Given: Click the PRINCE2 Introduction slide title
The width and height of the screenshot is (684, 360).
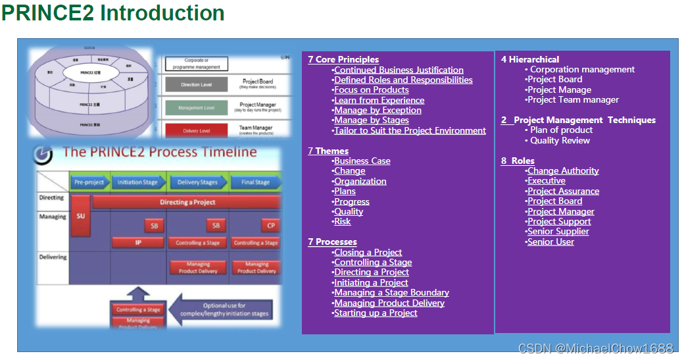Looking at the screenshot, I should (x=113, y=13).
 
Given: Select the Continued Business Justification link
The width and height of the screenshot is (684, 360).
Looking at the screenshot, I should (x=399, y=70).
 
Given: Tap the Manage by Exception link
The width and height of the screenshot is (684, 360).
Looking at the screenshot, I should (x=378, y=110).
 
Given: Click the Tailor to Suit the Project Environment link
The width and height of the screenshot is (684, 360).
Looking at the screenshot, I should (x=410, y=130).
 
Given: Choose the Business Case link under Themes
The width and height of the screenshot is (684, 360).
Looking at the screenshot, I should (x=362, y=161).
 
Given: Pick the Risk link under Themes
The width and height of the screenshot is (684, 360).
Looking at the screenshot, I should (x=342, y=222).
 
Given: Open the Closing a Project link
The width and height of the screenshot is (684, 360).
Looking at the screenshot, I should (x=368, y=252).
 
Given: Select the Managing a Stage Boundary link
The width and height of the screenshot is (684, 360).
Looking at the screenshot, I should (x=391, y=292).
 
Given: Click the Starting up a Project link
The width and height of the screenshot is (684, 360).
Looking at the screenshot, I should (x=376, y=313).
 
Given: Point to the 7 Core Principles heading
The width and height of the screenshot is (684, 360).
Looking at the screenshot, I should (x=343, y=59).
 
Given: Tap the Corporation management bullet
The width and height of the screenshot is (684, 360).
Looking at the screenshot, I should (x=582, y=69).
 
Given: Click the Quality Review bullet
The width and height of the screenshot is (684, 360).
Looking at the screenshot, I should (x=560, y=140).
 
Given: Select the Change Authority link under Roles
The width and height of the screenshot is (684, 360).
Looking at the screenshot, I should (x=563, y=170).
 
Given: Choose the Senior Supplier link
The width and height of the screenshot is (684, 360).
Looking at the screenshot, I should (x=558, y=231).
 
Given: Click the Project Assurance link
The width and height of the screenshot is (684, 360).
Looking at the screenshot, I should (x=563, y=191).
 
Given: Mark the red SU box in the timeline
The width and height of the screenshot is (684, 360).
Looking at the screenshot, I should (x=80, y=215).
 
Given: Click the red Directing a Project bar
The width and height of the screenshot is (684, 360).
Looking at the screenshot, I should (x=187, y=202).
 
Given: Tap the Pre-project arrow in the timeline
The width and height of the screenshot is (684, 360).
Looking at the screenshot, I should (x=89, y=182).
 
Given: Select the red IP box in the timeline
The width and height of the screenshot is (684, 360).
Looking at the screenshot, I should (x=138, y=242).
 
